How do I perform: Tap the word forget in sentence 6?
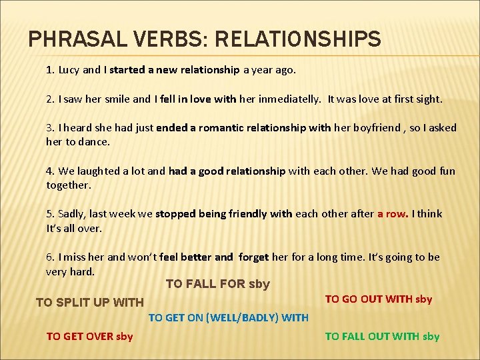pos(253,257)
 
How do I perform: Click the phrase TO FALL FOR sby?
pos(217,284)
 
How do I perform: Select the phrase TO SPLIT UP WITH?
pos(89,303)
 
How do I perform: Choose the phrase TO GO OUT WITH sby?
pos(378,299)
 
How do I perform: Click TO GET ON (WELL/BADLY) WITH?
pos(228,317)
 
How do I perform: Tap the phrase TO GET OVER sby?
pos(89,336)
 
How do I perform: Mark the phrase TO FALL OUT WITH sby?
pos(382,336)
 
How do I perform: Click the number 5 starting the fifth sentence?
pos(49,213)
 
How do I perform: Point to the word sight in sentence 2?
pos(427,99)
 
